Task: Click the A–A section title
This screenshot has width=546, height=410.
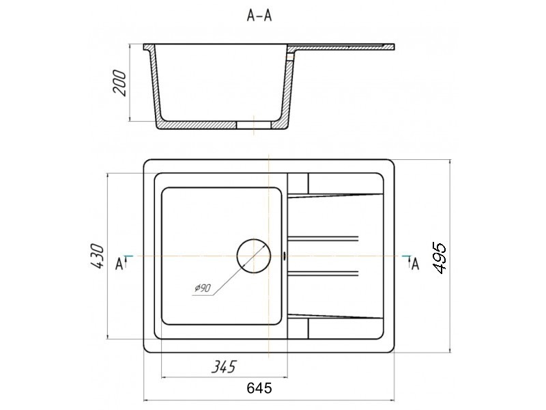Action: pyautogui.click(x=259, y=16)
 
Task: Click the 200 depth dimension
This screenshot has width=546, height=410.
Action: pyautogui.click(x=119, y=83)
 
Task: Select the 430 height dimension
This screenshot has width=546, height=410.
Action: pyautogui.click(x=96, y=256)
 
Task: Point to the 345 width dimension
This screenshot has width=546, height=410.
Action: pyautogui.click(x=224, y=366)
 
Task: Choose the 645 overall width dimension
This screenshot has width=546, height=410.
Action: pyautogui.click(x=259, y=387)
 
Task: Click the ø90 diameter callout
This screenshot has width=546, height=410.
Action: pyautogui.click(x=203, y=288)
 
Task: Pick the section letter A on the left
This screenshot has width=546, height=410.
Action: pyautogui.click(x=119, y=264)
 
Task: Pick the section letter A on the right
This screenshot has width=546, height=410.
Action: pyautogui.click(x=415, y=264)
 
